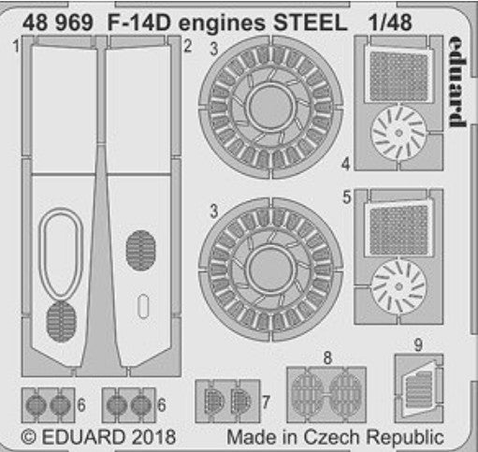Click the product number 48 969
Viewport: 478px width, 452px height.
point(58,22)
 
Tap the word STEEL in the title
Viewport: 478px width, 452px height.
point(311,22)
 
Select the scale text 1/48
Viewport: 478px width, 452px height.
point(390,22)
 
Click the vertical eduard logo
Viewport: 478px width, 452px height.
point(456,82)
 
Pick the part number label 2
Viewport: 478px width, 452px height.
point(187,47)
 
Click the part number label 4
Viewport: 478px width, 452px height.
point(345,164)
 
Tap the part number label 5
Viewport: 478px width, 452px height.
point(347,197)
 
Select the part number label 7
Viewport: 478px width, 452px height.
point(266,402)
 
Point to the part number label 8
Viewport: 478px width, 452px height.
point(327,358)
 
